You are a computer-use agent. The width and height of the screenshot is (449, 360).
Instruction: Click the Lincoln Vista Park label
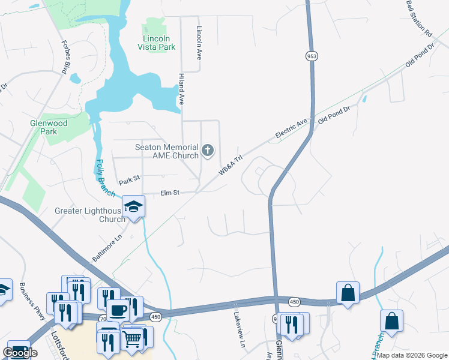(159, 42)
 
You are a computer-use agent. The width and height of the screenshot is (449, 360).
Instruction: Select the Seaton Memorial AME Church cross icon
(208, 150)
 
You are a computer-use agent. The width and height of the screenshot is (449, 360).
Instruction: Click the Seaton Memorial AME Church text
(167, 151)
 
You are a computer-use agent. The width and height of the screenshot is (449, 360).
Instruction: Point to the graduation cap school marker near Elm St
(133, 207)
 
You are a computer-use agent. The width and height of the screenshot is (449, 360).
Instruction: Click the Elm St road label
(170, 193)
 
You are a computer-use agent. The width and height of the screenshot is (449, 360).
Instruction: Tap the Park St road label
(128, 179)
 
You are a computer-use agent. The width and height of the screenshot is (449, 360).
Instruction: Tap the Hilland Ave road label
(180, 89)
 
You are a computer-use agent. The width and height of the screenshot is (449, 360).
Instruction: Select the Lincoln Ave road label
(199, 42)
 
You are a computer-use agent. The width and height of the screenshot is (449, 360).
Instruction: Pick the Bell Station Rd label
(419, 19)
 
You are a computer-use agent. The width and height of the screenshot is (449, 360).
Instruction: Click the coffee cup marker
(118, 310)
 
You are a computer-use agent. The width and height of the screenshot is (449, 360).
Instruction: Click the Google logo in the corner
(20, 352)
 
